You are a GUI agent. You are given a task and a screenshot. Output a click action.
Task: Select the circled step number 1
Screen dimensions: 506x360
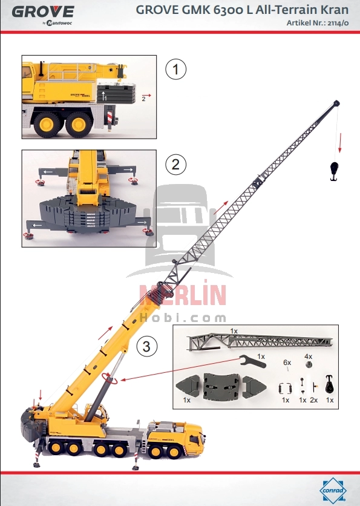[x=175, y=70]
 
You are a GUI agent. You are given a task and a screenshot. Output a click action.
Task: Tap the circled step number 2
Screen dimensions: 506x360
[x=175, y=164]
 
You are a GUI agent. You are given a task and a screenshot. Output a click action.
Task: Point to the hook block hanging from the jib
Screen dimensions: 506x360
[x=333, y=170]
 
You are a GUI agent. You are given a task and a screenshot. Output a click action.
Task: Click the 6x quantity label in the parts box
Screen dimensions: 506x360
[x=287, y=362]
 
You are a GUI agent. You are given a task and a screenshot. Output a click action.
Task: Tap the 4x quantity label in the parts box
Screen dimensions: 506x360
[x=308, y=356]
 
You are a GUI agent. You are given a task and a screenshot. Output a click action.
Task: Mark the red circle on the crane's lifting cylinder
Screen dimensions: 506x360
[x=110, y=379]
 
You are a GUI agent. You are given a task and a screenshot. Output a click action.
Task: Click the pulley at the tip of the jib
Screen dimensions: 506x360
[x=336, y=103]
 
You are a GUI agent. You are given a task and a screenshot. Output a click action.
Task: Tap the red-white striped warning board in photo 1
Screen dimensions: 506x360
[x=110, y=115]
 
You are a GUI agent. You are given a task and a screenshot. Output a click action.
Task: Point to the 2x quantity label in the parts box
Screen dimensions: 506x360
[x=313, y=400]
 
